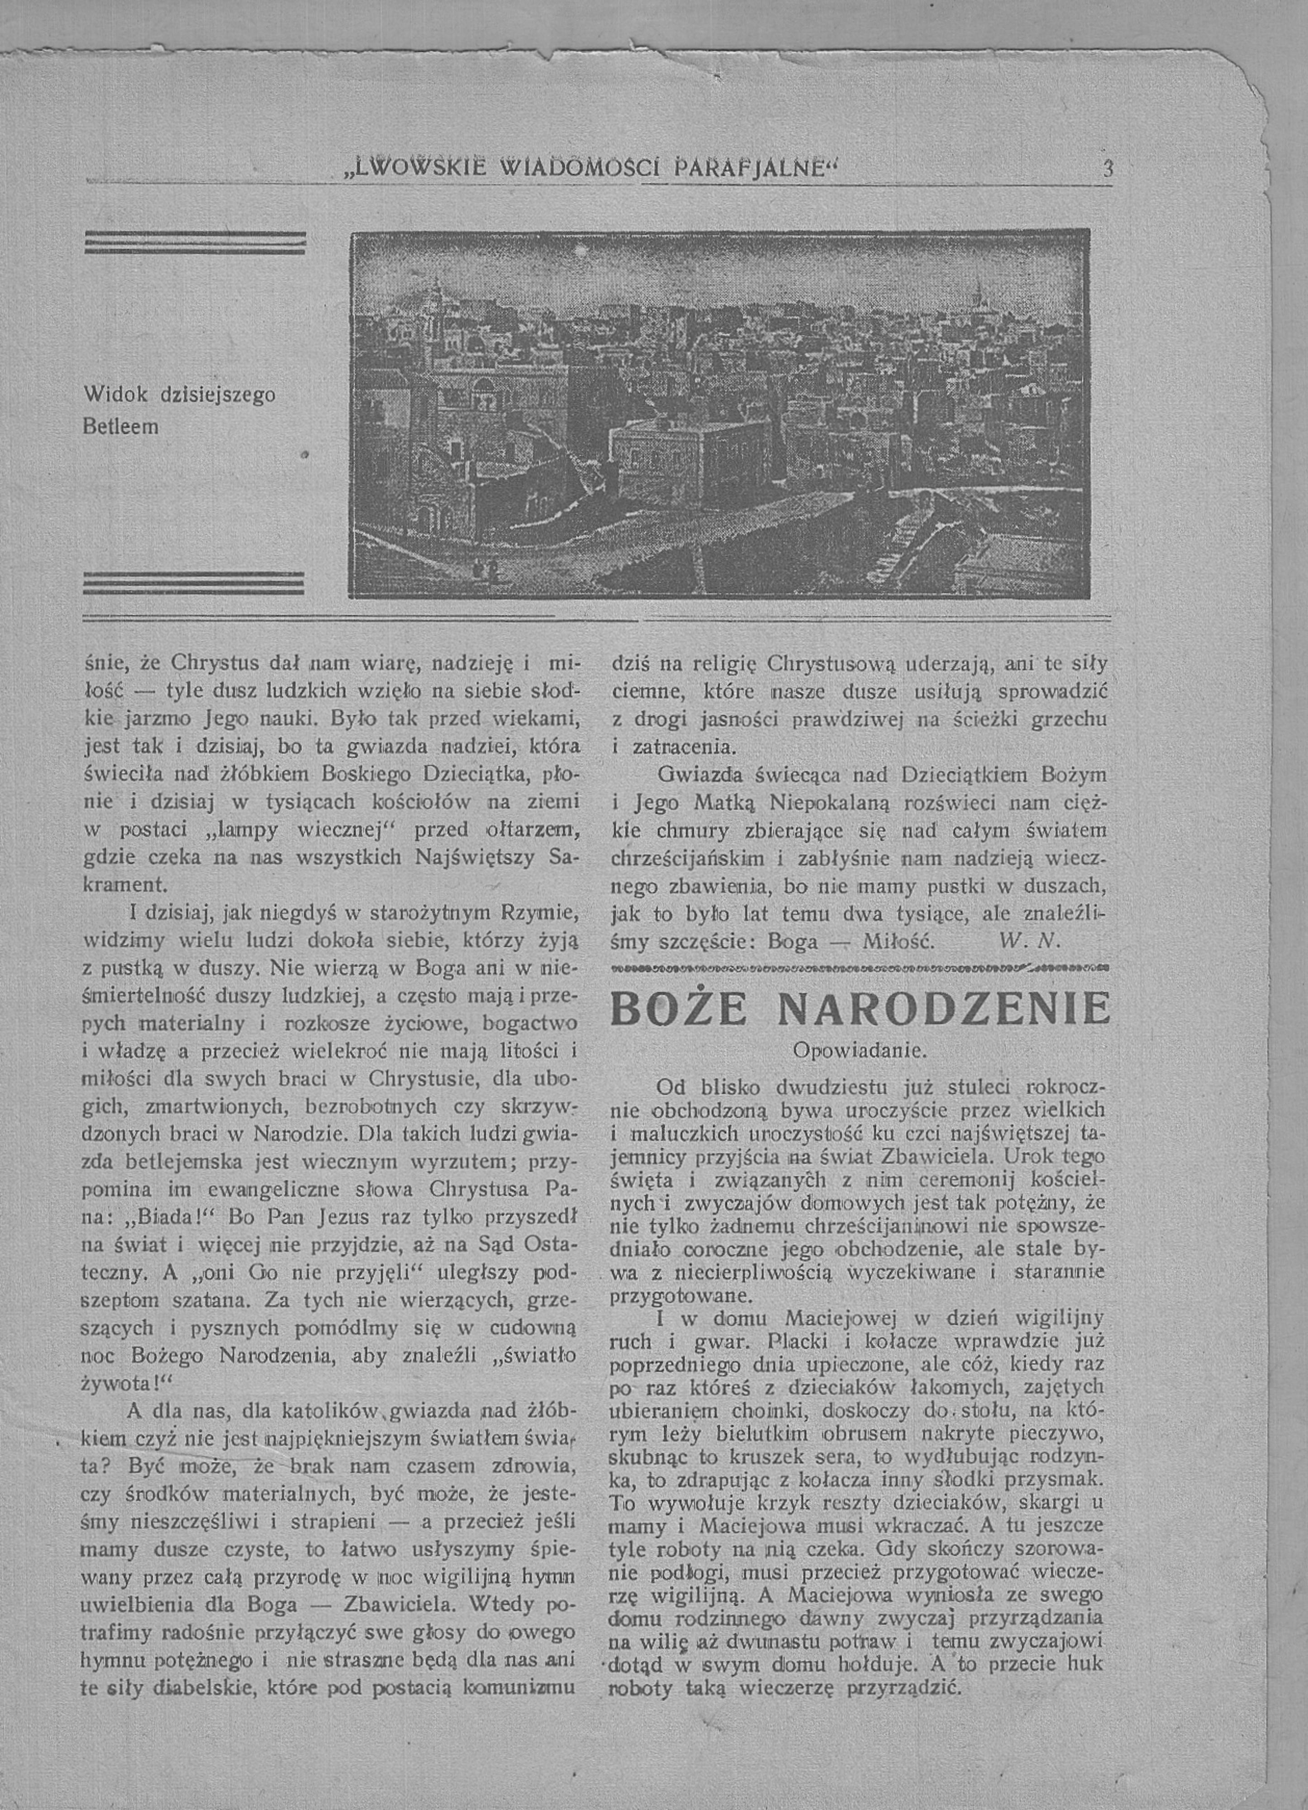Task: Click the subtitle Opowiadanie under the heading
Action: (859, 1050)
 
